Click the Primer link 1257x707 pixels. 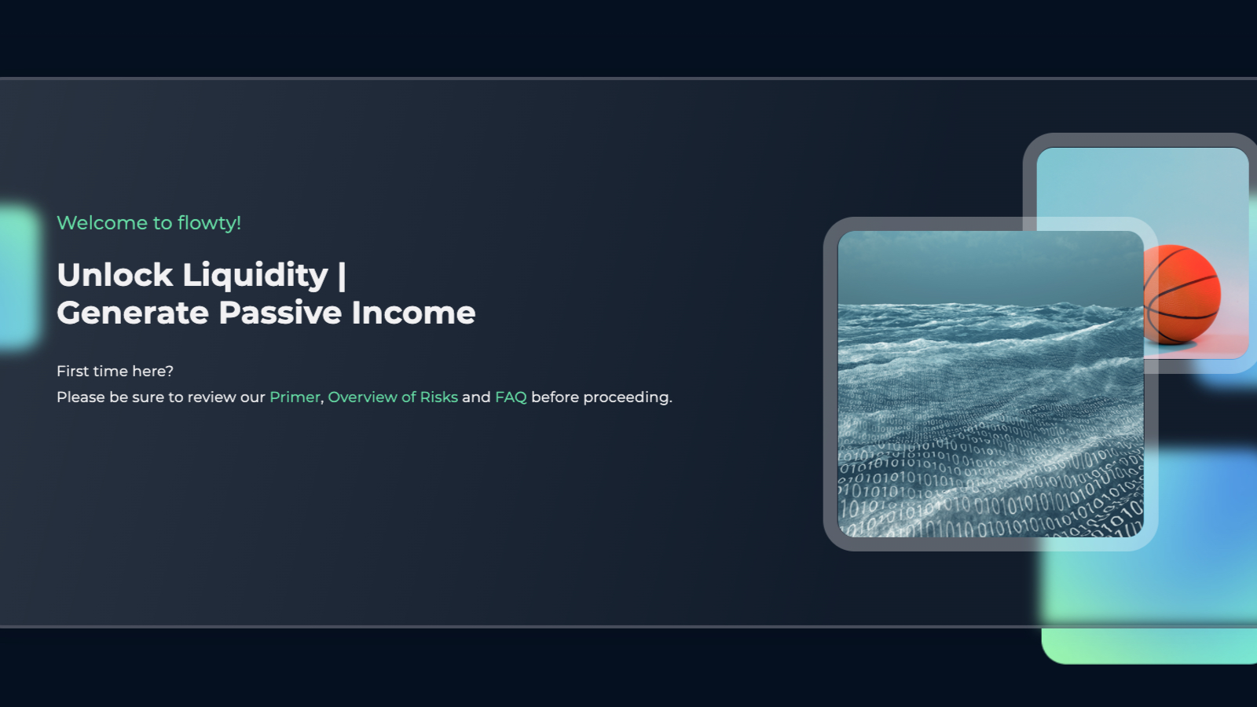point(295,397)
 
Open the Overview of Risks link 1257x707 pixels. point(393,397)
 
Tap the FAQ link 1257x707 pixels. point(511,397)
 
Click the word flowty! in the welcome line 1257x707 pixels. point(209,223)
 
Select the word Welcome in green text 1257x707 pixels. point(103,223)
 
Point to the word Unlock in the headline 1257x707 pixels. point(115,275)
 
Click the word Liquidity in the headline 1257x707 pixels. point(255,276)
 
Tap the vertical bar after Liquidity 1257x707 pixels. point(343,276)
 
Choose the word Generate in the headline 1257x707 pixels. point(133,313)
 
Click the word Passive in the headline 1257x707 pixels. point(280,313)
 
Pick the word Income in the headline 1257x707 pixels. point(413,313)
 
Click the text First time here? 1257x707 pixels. point(115,371)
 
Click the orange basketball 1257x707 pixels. point(1182,294)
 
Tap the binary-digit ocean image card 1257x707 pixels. point(991,384)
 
